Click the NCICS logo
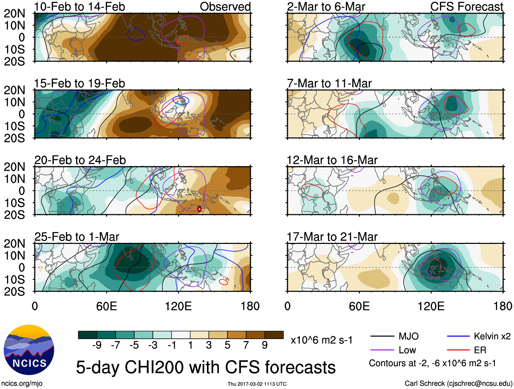(x=29, y=350)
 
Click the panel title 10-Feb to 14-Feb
(x=80, y=6)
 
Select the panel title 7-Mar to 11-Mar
(x=329, y=83)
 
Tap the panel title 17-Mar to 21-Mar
(x=332, y=237)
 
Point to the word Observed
(x=225, y=6)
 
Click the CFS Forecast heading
(x=466, y=6)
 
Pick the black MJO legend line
(x=382, y=337)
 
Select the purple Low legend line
(x=382, y=350)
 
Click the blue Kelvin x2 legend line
(x=458, y=337)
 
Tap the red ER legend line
(x=458, y=350)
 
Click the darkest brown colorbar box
(x=274, y=335)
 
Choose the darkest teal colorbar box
(x=87, y=335)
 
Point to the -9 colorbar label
(x=97, y=345)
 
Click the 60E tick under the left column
(x=107, y=306)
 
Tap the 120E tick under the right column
(x=431, y=306)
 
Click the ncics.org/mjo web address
(x=22, y=384)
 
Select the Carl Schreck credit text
(x=458, y=384)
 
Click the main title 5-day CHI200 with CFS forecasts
(x=206, y=368)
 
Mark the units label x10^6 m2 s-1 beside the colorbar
(x=321, y=340)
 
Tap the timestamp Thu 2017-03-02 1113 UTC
(x=257, y=384)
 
